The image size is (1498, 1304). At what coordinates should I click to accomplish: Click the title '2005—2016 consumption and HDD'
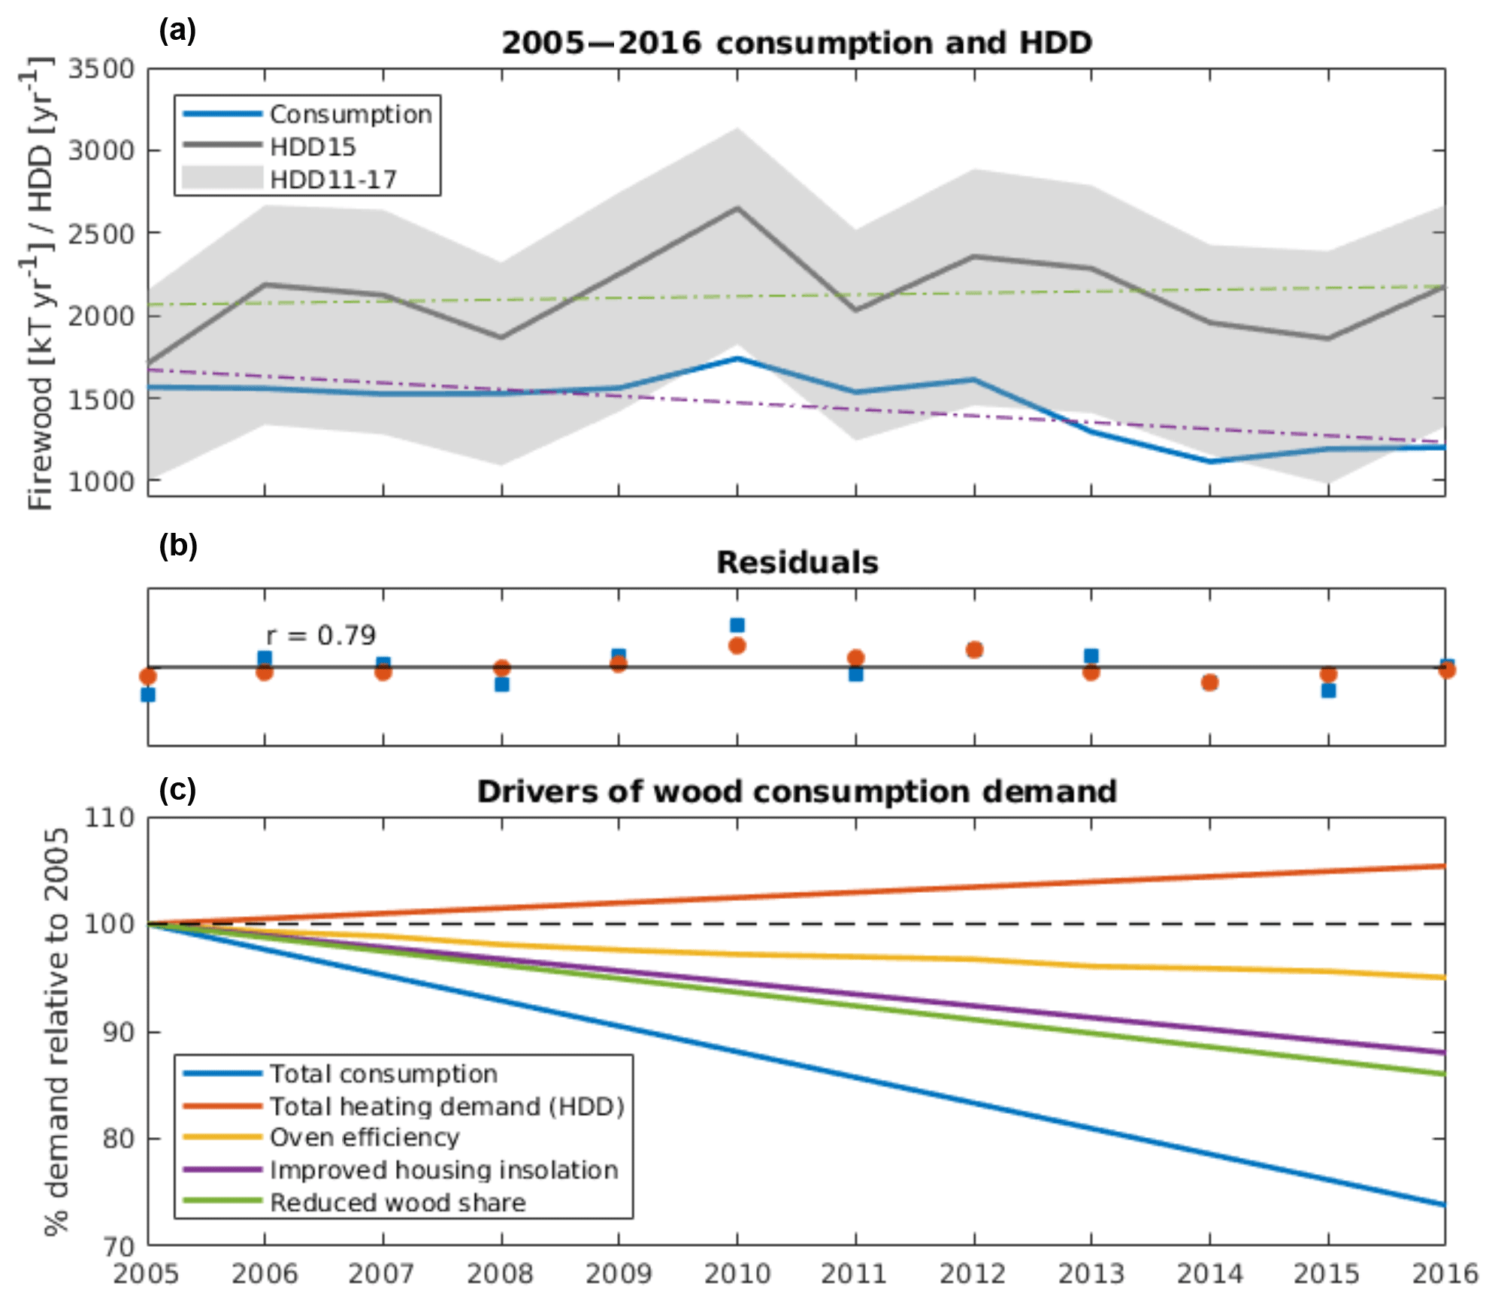tap(797, 43)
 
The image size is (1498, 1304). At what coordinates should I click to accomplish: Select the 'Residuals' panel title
tap(797, 562)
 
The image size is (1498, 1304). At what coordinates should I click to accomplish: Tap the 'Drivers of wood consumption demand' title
tap(797, 791)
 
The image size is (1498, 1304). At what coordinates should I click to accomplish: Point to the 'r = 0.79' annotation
tap(321, 636)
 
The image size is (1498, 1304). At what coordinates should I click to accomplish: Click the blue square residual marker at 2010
tap(737, 625)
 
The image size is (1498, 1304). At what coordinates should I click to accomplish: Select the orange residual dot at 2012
tap(974, 649)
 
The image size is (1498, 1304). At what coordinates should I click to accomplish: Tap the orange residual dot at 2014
tap(1209, 682)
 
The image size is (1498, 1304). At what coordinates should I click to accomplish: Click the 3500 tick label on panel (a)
tap(101, 69)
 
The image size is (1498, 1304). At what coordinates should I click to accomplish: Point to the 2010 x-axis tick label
tap(737, 1274)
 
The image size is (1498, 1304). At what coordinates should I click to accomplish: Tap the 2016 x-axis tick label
tap(1445, 1274)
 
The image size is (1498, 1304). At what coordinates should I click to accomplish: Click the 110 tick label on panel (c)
tap(110, 818)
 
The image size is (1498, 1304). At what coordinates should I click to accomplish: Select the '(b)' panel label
tap(178, 546)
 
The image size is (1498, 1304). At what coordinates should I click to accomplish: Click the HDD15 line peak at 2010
tap(737, 208)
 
